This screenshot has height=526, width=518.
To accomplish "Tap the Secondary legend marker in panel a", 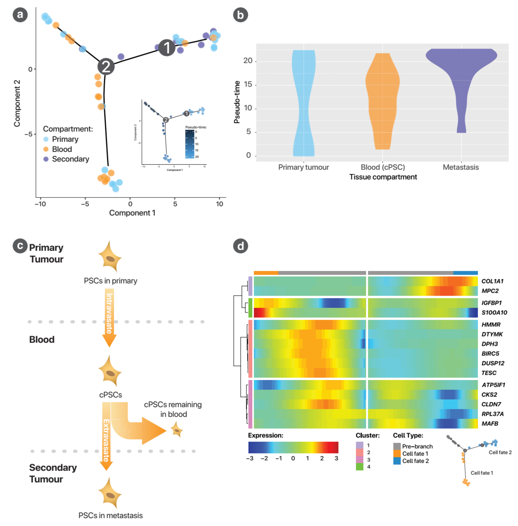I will [46, 159].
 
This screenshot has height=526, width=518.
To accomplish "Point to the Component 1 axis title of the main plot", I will [132, 213].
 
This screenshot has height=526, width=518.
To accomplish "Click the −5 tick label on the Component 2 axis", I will [28, 134].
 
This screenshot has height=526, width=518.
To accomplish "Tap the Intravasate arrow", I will [109, 315].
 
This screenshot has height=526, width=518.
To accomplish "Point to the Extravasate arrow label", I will [106, 440].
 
